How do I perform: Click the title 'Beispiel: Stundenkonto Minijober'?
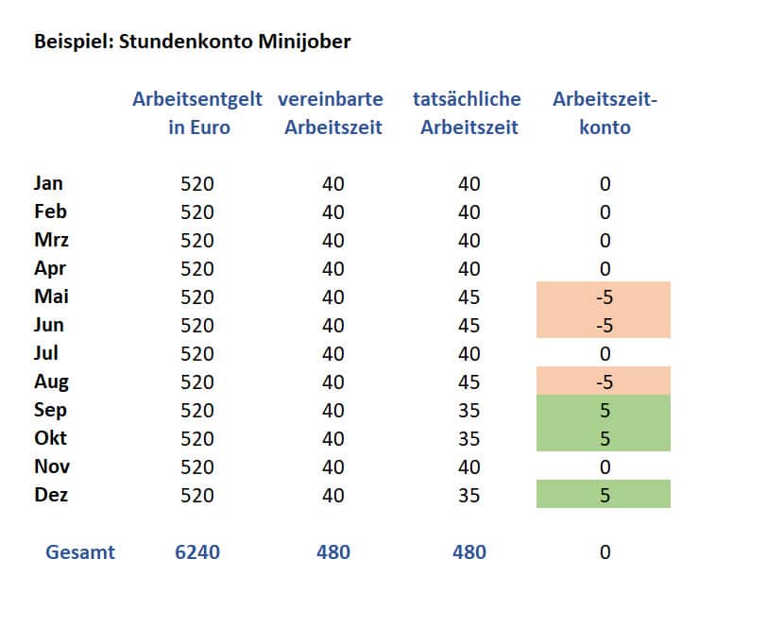click(193, 42)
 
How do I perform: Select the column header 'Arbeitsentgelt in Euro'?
click(198, 113)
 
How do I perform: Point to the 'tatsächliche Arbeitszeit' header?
click(469, 113)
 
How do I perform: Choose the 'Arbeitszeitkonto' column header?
click(605, 113)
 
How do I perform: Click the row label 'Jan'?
click(48, 183)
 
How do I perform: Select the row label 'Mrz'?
click(51, 240)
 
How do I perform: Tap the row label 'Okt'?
click(50, 438)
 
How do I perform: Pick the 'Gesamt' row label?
click(80, 552)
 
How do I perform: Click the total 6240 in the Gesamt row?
click(197, 552)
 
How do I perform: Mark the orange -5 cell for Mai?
click(604, 297)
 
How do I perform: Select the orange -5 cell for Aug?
click(604, 381)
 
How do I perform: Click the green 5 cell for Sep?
click(604, 410)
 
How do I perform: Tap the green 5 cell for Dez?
click(604, 495)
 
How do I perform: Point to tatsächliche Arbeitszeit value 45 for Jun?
click(469, 325)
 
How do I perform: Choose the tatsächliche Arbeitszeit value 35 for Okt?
click(469, 438)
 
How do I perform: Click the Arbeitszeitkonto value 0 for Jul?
click(605, 353)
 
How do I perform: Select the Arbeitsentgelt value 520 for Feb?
click(197, 212)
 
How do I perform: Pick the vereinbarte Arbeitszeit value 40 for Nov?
click(333, 466)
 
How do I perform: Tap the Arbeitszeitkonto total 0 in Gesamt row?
click(605, 552)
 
